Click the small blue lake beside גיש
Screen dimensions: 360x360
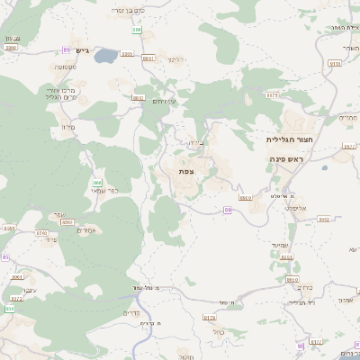point(104,56)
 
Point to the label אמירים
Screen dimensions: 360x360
point(86,230)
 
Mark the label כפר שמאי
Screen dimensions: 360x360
point(106,192)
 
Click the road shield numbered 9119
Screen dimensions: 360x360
point(335,63)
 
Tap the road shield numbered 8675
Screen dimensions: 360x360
point(273,94)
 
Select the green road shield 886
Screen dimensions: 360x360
point(137,30)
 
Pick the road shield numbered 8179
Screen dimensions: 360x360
point(210,317)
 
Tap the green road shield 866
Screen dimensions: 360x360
point(97,183)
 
